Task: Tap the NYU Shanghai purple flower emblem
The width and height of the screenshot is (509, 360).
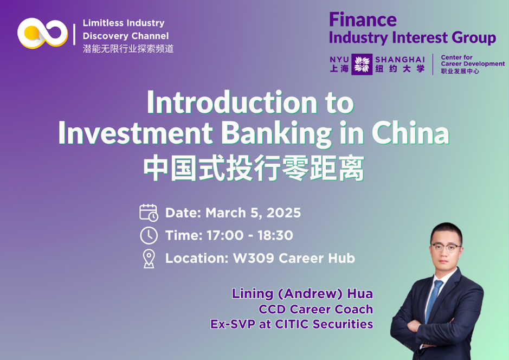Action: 362,65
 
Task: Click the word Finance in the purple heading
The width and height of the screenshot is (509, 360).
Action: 363,20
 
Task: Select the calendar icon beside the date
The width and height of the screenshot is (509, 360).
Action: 149,213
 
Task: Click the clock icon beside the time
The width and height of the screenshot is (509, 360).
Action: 149,235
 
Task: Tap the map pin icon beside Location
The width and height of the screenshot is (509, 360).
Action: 149,259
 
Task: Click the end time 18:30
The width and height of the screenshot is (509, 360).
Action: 275,235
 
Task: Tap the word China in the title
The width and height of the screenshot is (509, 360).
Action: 410,132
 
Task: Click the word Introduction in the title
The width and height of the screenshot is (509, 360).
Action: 232,102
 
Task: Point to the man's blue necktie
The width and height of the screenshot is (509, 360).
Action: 433,300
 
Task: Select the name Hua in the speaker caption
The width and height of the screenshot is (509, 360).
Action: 360,293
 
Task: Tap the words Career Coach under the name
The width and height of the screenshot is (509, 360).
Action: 331,310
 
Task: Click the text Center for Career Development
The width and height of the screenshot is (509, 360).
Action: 473,60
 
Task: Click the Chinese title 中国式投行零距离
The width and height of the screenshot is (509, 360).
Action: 254,169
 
